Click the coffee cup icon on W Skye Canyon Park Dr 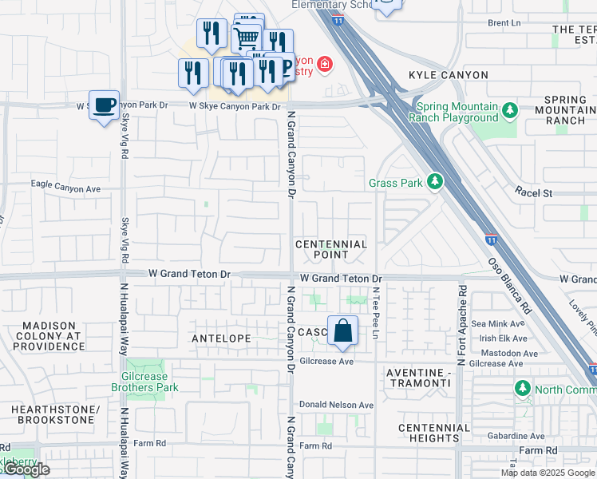coord(104,106)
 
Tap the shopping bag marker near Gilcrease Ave coord(342,331)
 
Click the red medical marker coord(325,64)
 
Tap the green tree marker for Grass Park coord(434,183)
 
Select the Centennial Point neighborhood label coord(331,249)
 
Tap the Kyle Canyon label coord(448,75)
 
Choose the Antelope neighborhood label coord(222,338)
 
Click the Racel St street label coord(534,193)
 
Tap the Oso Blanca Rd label coord(509,285)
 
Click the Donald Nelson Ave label coord(337,405)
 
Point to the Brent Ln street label coord(504,24)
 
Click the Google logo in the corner coord(26,469)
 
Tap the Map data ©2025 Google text coord(547,473)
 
